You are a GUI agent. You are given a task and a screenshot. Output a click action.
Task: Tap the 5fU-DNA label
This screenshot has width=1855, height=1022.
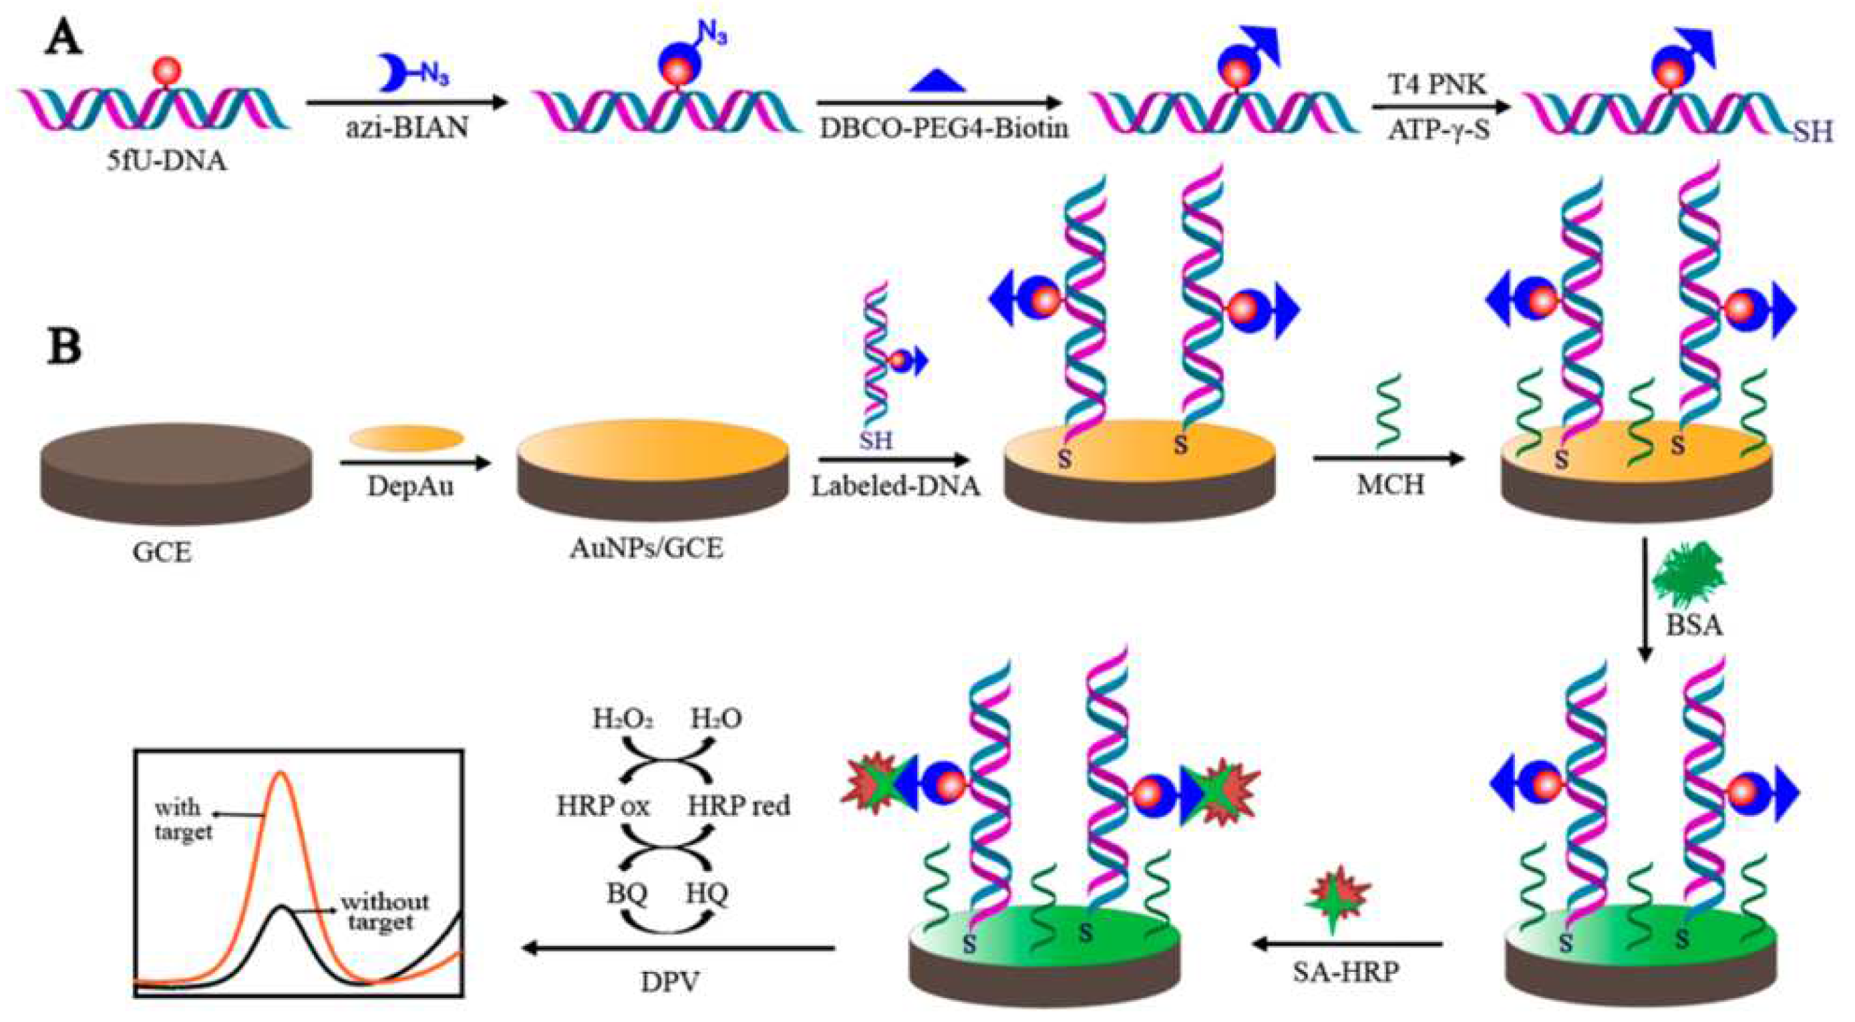point(166,160)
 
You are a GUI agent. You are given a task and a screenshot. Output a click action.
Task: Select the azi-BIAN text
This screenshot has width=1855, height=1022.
point(407,128)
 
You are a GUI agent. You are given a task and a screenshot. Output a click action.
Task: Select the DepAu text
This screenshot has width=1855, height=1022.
point(410,486)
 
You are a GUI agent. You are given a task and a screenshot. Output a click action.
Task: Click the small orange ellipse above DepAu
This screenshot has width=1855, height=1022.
point(407,438)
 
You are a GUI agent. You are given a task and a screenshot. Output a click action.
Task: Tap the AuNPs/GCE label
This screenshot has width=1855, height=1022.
point(646,549)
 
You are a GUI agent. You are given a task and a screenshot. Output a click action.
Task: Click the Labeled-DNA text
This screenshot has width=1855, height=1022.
point(896,486)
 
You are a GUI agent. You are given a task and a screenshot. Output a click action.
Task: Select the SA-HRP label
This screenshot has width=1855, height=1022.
point(1346,973)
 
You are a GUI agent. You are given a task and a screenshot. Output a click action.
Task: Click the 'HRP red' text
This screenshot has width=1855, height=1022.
point(738,805)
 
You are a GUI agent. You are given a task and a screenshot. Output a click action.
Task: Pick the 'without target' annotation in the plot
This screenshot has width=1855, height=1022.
point(384,911)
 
